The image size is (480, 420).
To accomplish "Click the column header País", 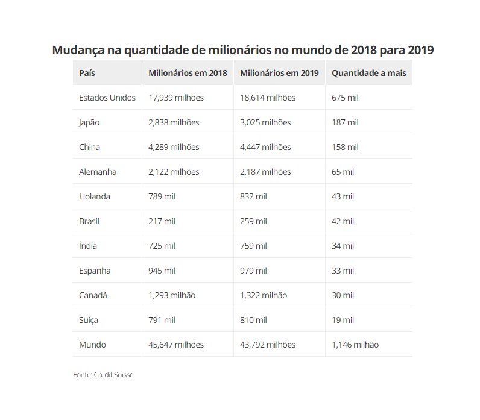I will [87, 73].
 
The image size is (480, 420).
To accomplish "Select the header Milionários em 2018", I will [188, 73].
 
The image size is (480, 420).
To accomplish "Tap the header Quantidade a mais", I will [368, 73].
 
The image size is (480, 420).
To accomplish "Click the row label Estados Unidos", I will [107, 98].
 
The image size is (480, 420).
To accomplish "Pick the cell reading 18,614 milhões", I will [268, 98].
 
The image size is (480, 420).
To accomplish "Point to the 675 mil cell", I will [345, 98].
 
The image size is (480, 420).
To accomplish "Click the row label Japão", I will [89, 122].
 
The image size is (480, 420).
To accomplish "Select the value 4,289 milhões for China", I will [174, 147].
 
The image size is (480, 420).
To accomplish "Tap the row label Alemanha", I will [98, 172].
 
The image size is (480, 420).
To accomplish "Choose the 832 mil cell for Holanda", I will [253, 196].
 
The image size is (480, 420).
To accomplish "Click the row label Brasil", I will [89, 221].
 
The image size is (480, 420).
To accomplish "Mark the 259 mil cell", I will [253, 221].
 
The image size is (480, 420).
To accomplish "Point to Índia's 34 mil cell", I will [343, 246].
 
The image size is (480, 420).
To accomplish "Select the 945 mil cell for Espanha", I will [162, 271].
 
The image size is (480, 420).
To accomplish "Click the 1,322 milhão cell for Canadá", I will [264, 295].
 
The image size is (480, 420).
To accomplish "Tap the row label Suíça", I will [89, 320].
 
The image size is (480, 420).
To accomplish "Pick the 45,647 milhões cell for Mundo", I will [176, 345].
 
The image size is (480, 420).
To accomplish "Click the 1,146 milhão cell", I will [355, 345].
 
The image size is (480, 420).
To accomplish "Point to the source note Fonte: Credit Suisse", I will [103, 375].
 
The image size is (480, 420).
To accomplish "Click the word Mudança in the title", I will [78, 49].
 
